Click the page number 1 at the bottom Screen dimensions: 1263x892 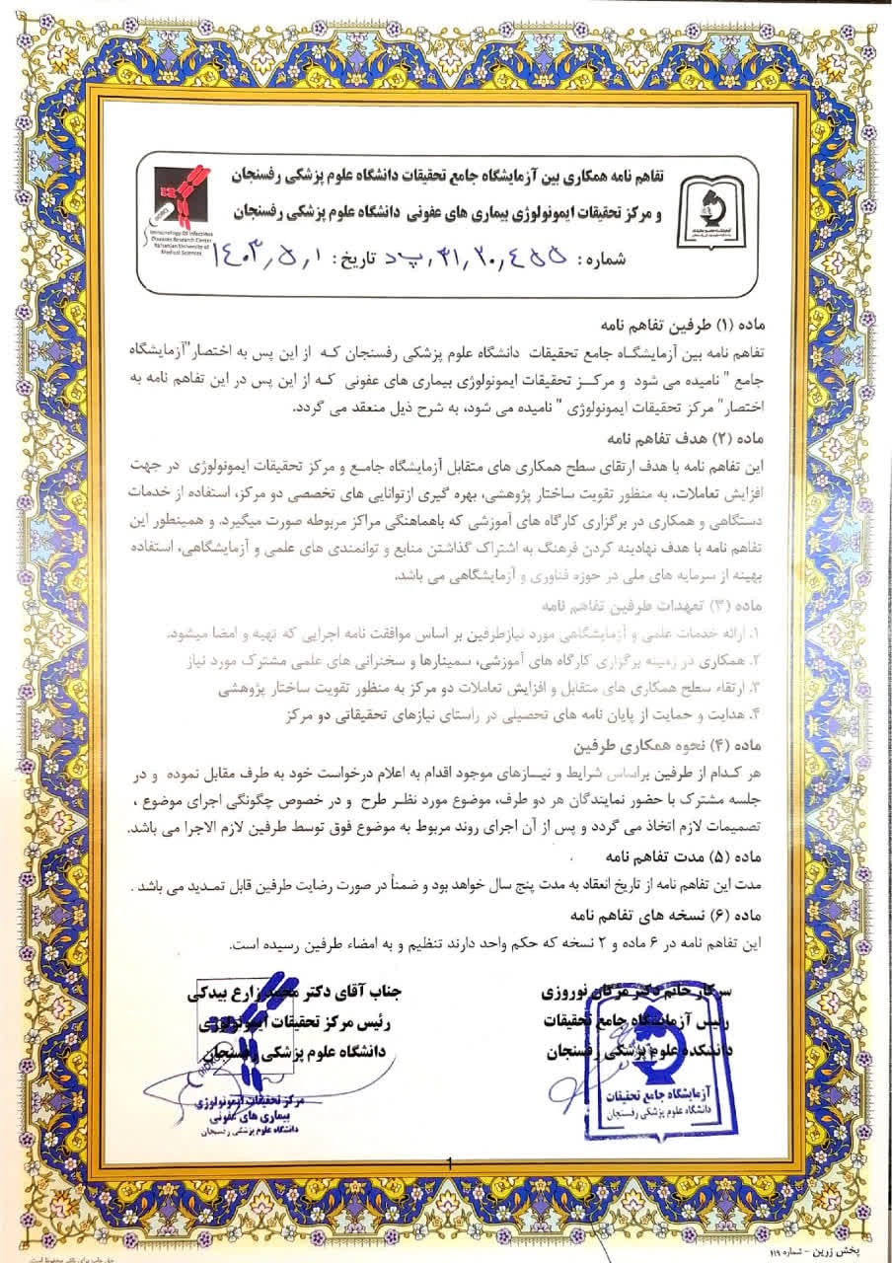pyautogui.click(x=449, y=1164)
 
